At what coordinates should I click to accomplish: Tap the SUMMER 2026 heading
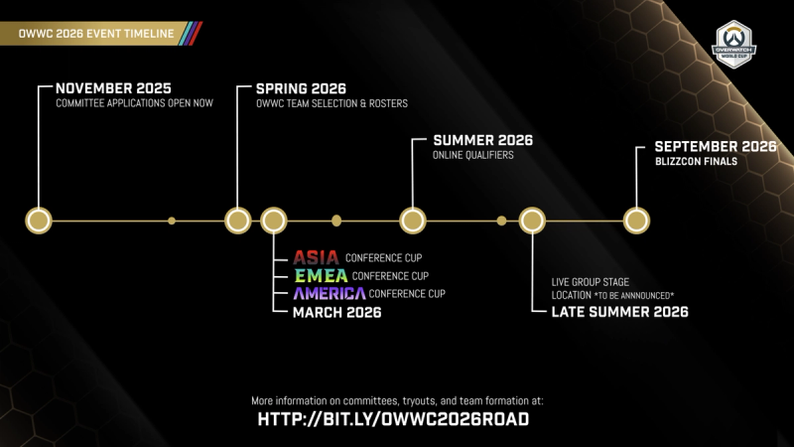483,140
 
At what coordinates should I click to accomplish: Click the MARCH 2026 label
336,312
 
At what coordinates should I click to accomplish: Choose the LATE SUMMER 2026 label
620,312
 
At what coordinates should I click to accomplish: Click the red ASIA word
316,258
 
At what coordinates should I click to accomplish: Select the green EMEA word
320,276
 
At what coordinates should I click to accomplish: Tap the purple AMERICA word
329,294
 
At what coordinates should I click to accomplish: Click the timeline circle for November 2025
38,221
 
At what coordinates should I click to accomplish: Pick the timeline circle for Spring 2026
238,221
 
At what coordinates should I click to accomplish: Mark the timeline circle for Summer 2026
412,221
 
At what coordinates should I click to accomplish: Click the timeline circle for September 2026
636,221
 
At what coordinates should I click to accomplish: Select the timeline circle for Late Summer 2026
532,221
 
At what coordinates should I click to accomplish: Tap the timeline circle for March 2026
273,221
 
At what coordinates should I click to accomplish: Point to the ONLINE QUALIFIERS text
473,156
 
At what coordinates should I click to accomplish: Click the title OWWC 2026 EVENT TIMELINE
96,34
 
